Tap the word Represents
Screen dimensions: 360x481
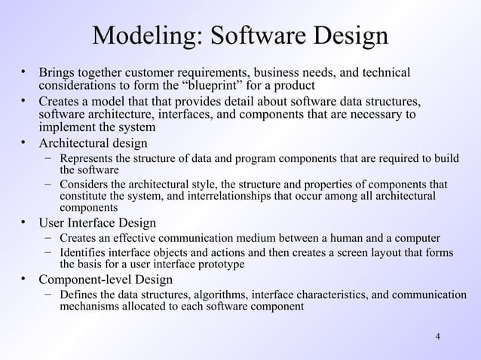[87, 158]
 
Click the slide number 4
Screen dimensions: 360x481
[438, 335]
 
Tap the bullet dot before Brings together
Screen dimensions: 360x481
[23, 72]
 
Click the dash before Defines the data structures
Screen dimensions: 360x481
[47, 295]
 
